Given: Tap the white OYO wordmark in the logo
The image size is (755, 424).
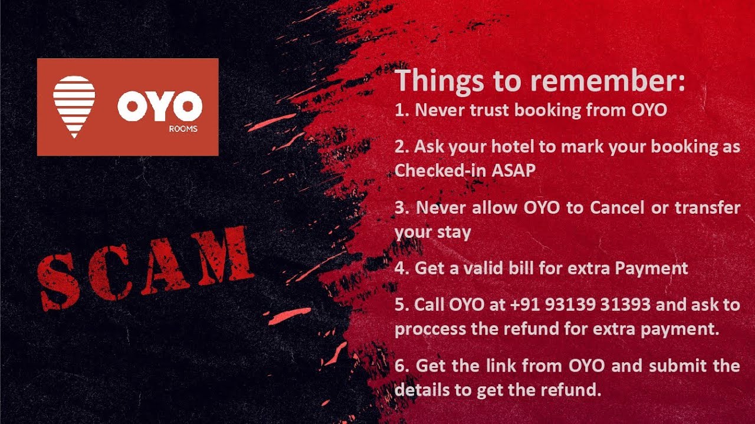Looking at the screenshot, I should point(159,107).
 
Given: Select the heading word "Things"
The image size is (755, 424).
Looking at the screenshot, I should point(438,81).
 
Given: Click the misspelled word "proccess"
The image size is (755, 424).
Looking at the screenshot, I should point(430,329).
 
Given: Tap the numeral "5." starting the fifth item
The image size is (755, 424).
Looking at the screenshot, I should point(402,304).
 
